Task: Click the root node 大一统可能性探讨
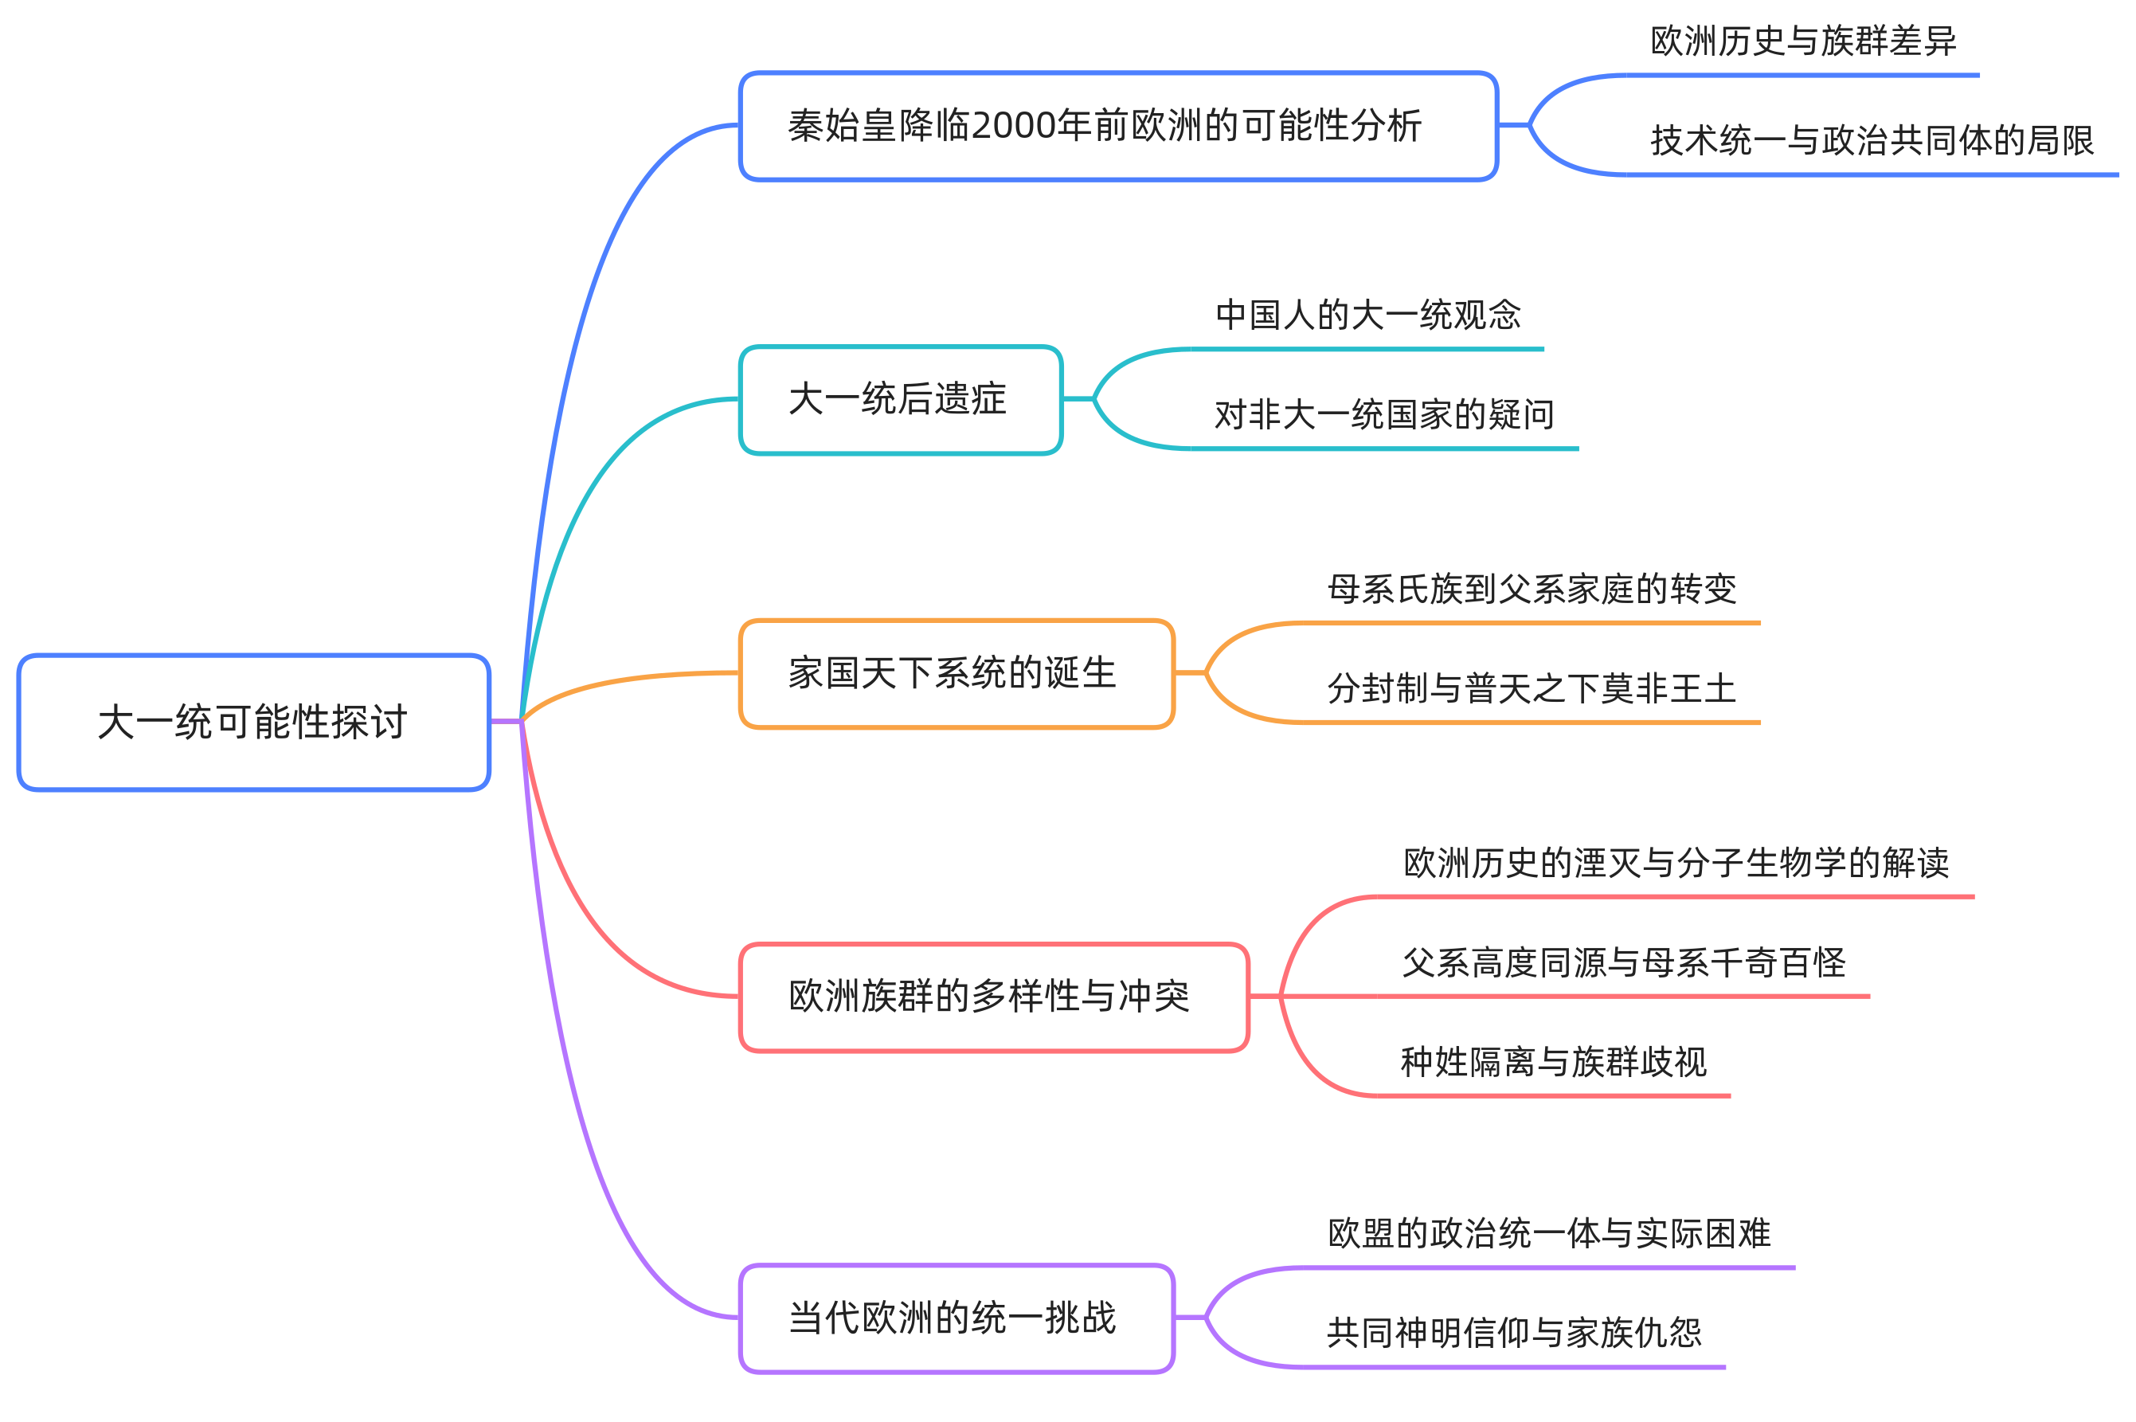coord(253,722)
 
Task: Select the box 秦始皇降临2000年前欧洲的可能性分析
coord(1118,126)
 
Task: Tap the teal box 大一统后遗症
coord(900,400)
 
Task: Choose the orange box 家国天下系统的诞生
coord(957,674)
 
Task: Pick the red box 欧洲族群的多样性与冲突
coord(994,997)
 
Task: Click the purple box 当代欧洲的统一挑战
coord(957,1318)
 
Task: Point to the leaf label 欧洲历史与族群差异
coord(1803,41)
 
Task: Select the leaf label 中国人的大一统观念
coord(1368,315)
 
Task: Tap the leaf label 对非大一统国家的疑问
coord(1384,415)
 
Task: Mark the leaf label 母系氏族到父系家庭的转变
coord(1532,590)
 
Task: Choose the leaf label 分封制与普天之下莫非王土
coord(1532,689)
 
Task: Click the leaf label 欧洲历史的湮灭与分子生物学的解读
coord(1676,864)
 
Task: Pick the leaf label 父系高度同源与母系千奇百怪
coord(1624,963)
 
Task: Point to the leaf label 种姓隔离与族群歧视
coord(1554,1062)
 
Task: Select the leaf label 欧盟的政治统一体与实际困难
coord(1549,1234)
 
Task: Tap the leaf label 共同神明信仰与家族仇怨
coord(1514,1333)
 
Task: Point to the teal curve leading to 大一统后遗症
coord(581,508)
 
